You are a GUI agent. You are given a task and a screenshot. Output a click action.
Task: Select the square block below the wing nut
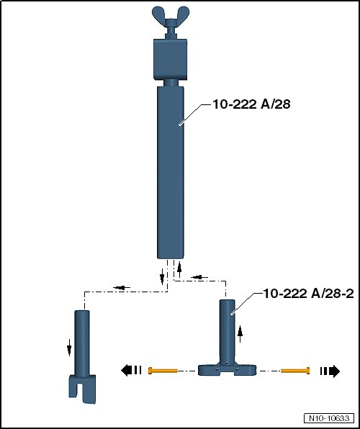170,59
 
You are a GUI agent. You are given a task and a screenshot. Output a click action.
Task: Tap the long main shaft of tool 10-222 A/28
171,172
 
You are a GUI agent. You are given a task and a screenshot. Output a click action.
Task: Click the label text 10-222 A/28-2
309,294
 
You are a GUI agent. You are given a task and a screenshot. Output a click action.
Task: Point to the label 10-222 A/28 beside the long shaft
251,104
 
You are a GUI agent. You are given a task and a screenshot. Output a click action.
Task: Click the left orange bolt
163,371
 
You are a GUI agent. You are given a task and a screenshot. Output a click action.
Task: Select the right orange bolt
296,371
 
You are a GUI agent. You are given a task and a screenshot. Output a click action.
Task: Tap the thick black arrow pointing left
131,371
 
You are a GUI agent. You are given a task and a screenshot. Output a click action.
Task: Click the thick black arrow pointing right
330,371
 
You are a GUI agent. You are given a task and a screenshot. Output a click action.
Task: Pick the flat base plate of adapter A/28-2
228,370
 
